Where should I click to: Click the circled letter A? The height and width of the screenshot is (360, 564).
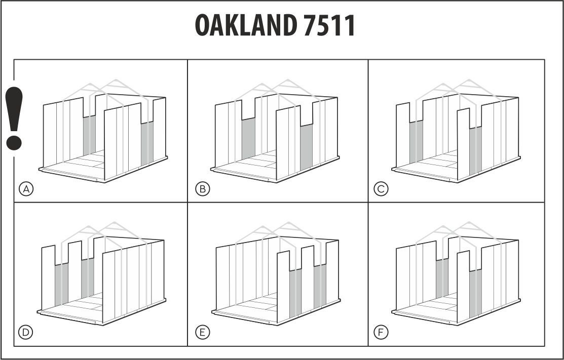pos(26,189)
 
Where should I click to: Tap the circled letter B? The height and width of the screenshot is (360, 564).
pos(202,189)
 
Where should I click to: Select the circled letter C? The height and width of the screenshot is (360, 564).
pos(381,189)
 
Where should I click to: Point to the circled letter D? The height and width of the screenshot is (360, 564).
pos(26,332)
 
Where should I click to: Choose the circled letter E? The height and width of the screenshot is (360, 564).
pos(202,332)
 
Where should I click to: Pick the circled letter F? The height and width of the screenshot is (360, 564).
pos(381,332)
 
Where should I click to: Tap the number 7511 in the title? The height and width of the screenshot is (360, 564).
pos(329,25)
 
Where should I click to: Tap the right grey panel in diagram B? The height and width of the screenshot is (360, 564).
pos(307,147)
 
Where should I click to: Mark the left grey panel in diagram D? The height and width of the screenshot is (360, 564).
pos(61,284)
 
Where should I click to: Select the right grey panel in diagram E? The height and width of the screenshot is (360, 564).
pos(320,286)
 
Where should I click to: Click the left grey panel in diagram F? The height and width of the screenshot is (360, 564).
pos(442,278)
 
